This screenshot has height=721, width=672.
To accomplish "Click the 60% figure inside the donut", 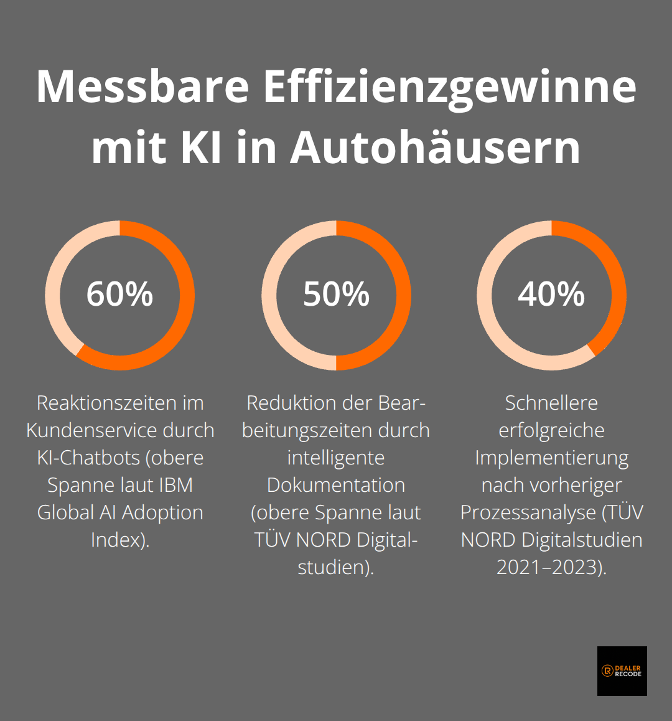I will pyautogui.click(x=119, y=294).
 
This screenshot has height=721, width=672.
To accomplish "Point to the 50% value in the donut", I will pyautogui.click(x=336, y=294).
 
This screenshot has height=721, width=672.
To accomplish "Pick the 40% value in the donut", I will pyautogui.click(x=551, y=294).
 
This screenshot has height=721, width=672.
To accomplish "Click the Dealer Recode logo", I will pyautogui.click(x=622, y=671).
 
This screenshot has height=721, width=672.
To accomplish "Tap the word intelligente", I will pyautogui.click(x=336, y=458).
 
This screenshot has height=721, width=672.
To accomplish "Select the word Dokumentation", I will pyautogui.click(x=336, y=485).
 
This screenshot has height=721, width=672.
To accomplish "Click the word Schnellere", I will pyautogui.click(x=551, y=403).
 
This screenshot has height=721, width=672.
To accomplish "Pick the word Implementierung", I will pyautogui.click(x=551, y=458).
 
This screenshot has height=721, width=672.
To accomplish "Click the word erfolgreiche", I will pyautogui.click(x=551, y=430).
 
